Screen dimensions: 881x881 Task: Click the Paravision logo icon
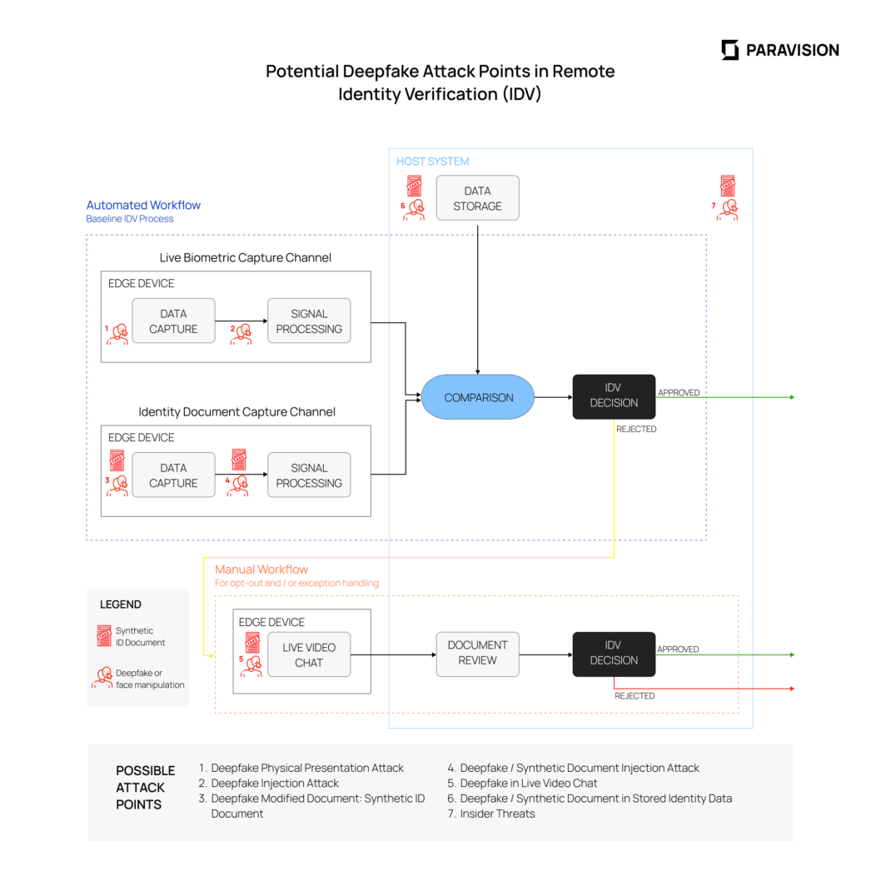pyautogui.click(x=729, y=50)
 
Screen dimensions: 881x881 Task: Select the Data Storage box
pyautogui.click(x=477, y=198)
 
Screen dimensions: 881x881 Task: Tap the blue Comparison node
pyautogui.click(x=477, y=397)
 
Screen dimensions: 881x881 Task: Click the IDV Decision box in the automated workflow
pyautogui.click(x=614, y=396)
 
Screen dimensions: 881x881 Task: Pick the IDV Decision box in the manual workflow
pyautogui.click(x=614, y=654)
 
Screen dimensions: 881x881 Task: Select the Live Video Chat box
pyautogui.click(x=308, y=655)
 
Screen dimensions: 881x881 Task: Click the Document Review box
pyautogui.click(x=477, y=654)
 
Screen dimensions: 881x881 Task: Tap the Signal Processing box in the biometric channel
pyautogui.click(x=309, y=321)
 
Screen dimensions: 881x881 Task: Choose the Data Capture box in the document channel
pyautogui.click(x=173, y=475)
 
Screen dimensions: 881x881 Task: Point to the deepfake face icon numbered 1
pyautogui.click(x=117, y=334)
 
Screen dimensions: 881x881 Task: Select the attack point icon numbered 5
pyautogui.click(x=252, y=653)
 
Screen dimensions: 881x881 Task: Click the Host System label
pyautogui.click(x=432, y=162)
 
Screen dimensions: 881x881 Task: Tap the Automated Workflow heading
pyautogui.click(x=143, y=205)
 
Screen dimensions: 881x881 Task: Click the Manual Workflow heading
pyautogui.click(x=261, y=570)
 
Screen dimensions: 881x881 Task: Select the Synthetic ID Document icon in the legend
pyautogui.click(x=103, y=636)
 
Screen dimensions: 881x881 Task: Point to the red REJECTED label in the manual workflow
pyautogui.click(x=635, y=696)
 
